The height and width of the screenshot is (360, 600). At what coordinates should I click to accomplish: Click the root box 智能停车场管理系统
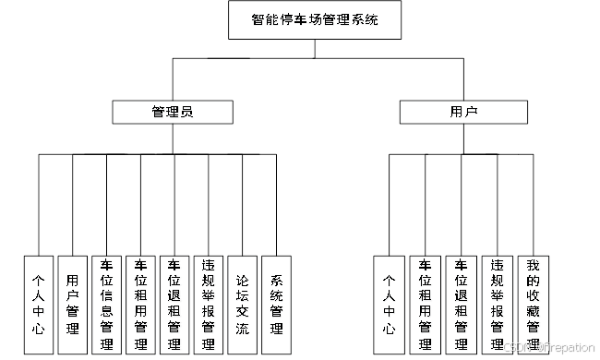pos(315,18)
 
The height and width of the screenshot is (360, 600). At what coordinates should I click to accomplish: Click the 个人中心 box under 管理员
pos(38,305)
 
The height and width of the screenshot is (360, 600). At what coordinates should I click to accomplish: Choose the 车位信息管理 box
pos(106,305)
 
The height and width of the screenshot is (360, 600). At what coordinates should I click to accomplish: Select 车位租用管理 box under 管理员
pos(140,305)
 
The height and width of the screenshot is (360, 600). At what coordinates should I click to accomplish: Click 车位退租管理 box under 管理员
pos(174,305)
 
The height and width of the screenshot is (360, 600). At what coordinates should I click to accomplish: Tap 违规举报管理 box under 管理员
pos(209,305)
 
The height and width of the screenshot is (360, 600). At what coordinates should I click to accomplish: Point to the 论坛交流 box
pos(242,305)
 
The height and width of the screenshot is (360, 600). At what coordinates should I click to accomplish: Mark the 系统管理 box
pos(276,305)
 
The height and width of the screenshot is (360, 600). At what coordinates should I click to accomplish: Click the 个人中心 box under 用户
pos(390,305)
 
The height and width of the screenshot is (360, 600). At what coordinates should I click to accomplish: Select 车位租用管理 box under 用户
pos(426,305)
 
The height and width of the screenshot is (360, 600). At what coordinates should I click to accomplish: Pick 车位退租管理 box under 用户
pos(461,305)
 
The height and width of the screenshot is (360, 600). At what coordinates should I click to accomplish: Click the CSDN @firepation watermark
pos(547,347)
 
